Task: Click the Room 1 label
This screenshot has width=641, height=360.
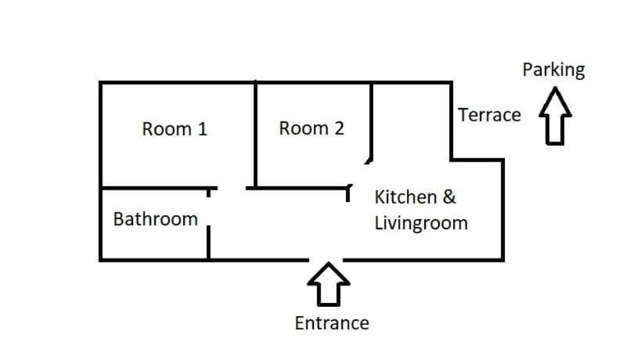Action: (x=175, y=129)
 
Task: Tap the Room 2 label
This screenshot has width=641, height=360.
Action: (x=311, y=128)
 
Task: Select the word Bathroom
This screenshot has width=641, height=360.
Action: (x=155, y=219)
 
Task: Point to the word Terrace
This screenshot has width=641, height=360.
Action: (x=489, y=115)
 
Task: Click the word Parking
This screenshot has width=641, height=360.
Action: (x=553, y=70)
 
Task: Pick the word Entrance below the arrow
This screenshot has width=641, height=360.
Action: (x=332, y=323)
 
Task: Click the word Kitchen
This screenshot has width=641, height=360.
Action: (x=405, y=197)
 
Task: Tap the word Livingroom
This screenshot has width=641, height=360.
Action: (x=421, y=224)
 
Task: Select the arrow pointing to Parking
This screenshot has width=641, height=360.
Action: (x=555, y=116)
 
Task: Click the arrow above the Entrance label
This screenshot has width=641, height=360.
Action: (x=329, y=284)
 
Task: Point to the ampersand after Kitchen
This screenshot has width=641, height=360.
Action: (x=449, y=197)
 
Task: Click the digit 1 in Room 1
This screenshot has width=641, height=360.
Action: (x=203, y=129)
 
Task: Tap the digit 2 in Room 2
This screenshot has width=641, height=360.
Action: (x=339, y=128)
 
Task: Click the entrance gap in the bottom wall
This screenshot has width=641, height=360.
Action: (x=326, y=260)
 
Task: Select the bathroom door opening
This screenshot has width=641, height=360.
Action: (x=208, y=211)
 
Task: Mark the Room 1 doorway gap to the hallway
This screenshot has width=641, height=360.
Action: (x=232, y=189)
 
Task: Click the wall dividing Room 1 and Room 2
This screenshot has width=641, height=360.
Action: (x=255, y=135)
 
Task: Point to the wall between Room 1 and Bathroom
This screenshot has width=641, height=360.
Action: (x=159, y=189)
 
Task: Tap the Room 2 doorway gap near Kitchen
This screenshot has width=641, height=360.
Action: (x=358, y=174)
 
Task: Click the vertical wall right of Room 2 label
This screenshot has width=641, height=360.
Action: (x=371, y=121)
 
